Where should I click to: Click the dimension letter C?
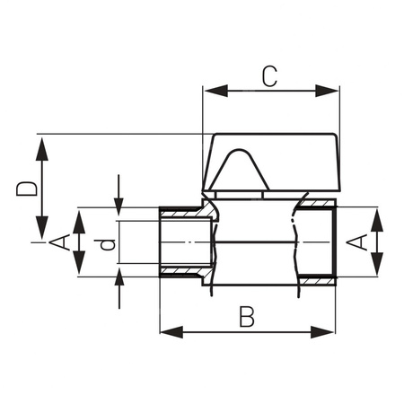click(x=268, y=75)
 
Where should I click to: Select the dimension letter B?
click(x=249, y=315)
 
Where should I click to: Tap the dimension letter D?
click(x=28, y=188)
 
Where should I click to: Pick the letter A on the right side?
click(x=356, y=242)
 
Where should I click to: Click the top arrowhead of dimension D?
click(x=41, y=143)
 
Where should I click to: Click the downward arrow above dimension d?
click(x=118, y=201)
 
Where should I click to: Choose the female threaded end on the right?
click(x=317, y=242)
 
